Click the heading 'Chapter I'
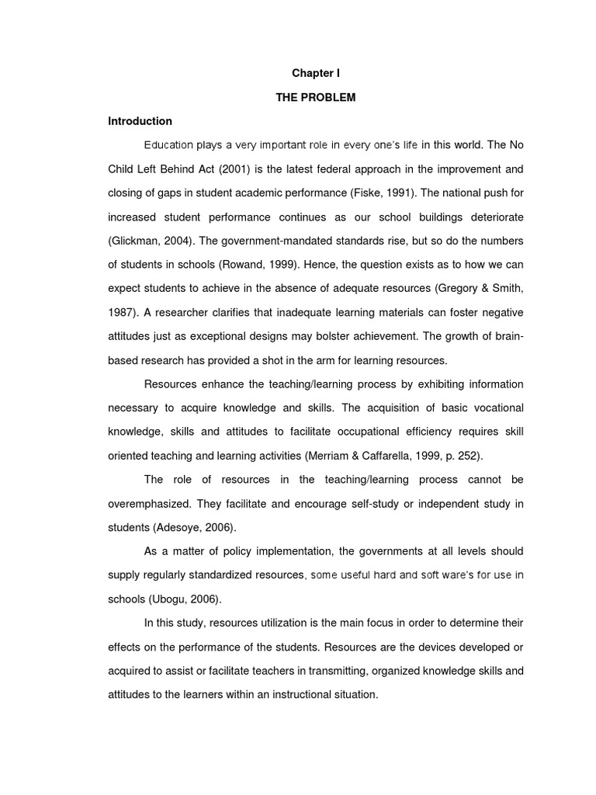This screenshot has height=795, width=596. point(316,73)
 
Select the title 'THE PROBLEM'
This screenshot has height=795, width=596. point(316,97)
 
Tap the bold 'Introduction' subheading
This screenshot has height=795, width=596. point(140,121)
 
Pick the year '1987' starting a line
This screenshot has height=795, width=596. point(120,312)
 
